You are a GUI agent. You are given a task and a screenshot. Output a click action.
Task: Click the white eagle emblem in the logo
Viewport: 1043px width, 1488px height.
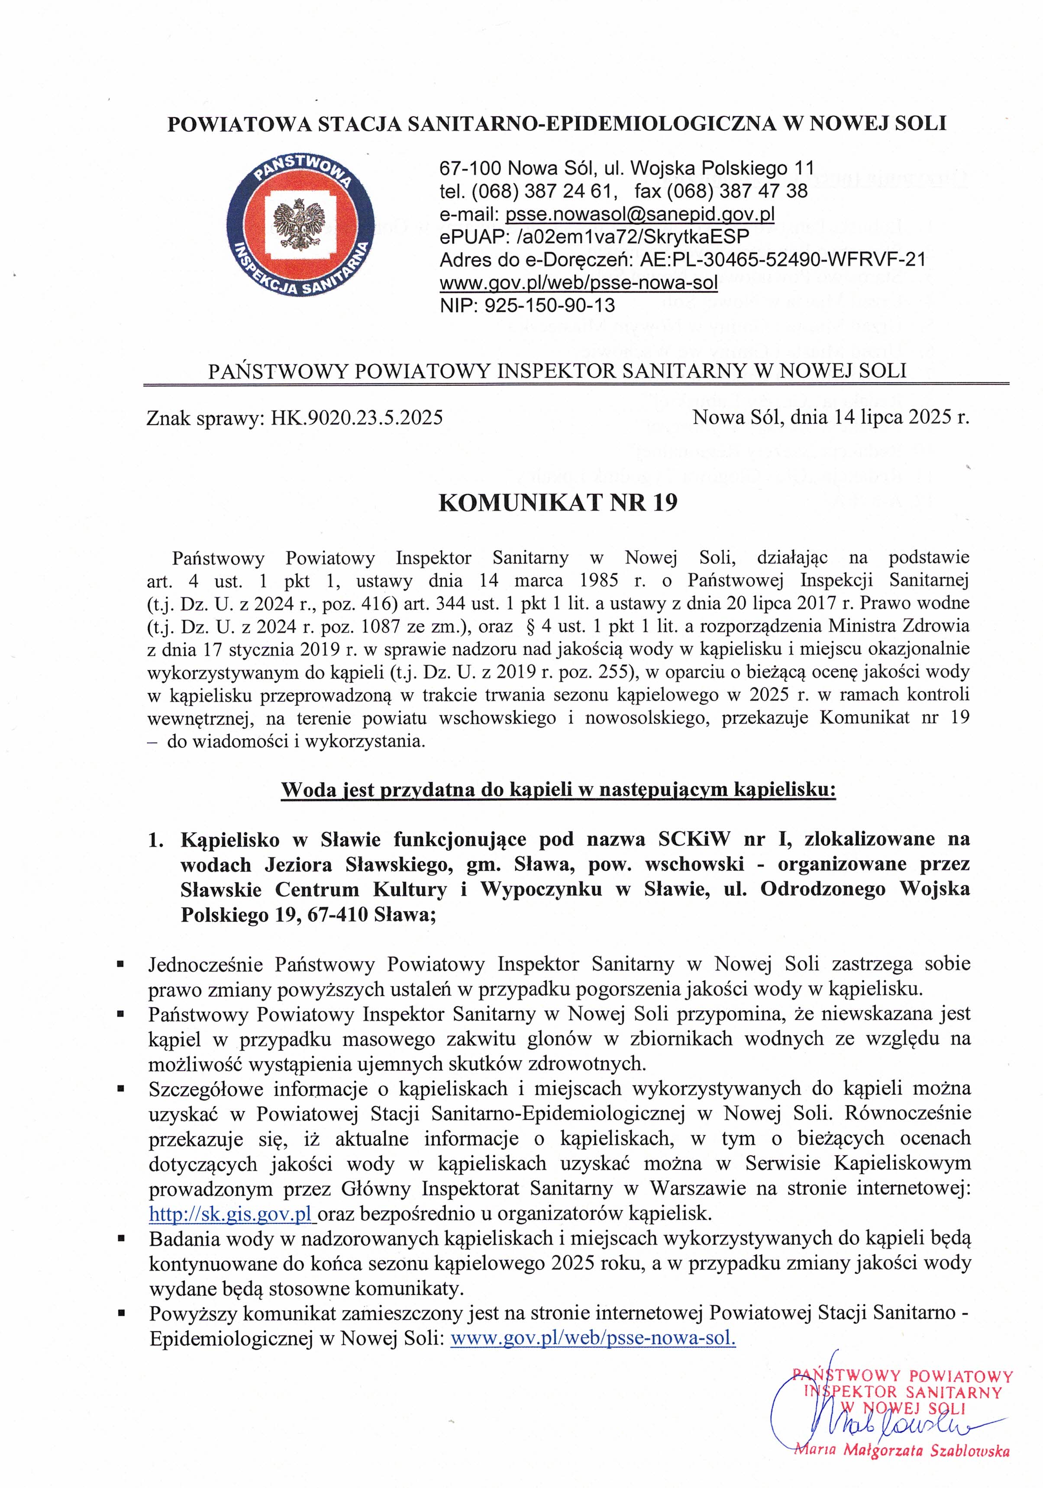pos(300,223)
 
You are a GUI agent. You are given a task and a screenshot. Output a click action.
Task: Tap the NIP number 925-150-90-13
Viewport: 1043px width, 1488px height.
pos(550,305)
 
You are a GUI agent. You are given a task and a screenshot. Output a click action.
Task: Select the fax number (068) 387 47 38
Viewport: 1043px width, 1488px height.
pos(721,191)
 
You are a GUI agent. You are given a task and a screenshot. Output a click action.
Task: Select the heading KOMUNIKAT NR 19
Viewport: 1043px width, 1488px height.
pos(558,503)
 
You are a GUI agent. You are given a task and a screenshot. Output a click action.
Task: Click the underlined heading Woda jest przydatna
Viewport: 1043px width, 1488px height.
pos(558,790)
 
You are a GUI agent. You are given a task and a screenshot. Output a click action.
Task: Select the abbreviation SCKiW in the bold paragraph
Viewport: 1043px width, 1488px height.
pos(694,839)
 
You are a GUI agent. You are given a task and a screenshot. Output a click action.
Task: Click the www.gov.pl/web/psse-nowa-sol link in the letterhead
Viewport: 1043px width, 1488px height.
pos(578,283)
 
